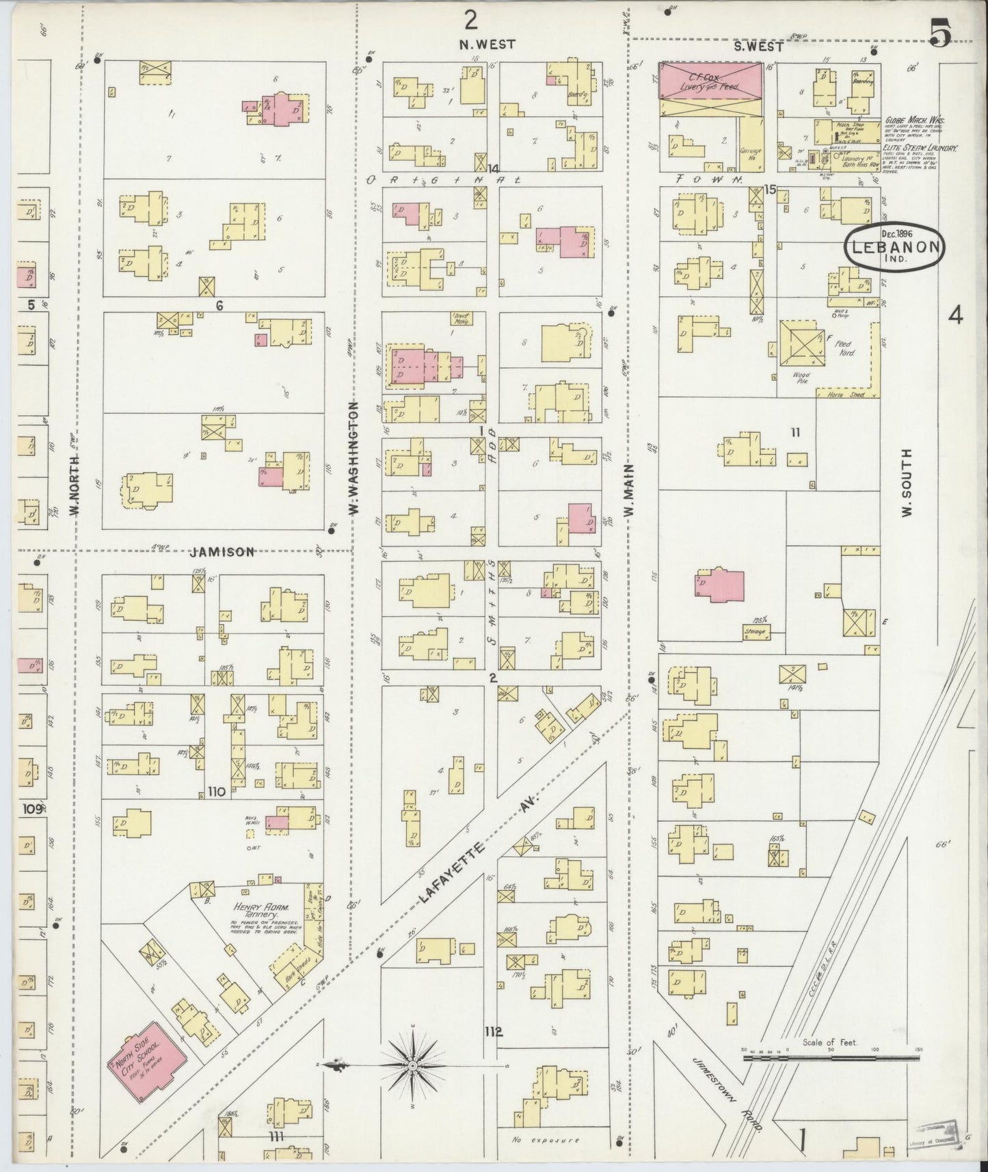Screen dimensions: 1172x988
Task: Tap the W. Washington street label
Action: pos(354,457)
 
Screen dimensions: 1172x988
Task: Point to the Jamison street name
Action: pos(223,552)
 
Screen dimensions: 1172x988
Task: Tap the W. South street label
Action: pos(907,483)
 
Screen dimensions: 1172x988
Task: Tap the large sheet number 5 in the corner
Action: pos(941,33)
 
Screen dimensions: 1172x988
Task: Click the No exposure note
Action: pos(545,1141)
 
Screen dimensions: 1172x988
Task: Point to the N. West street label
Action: pos(487,44)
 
